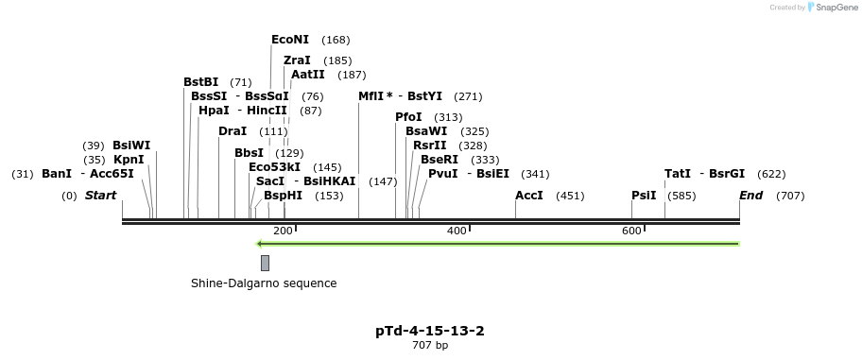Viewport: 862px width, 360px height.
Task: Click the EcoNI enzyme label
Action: (290, 40)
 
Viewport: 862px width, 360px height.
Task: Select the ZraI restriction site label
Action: (297, 60)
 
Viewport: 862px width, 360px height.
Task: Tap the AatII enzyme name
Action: (308, 75)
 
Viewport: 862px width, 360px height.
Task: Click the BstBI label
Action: (200, 82)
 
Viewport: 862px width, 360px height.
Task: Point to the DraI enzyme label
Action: (233, 131)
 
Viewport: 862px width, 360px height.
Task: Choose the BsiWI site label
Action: (131, 146)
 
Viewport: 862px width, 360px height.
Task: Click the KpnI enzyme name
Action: (129, 160)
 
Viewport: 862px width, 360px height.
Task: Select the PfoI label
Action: (408, 117)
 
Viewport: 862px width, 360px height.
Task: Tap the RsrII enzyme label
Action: (429, 146)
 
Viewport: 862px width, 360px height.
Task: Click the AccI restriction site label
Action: (529, 196)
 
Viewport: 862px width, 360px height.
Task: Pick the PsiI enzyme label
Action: (644, 196)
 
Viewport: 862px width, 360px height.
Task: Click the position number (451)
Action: (570, 196)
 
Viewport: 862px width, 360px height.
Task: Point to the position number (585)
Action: (681, 196)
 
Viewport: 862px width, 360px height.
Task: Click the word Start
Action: (100, 196)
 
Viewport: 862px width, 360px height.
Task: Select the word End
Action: (750, 196)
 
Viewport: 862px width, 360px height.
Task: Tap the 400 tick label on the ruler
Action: (457, 231)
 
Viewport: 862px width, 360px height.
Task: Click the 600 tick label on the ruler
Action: (631, 231)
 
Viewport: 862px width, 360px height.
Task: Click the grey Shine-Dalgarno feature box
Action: (265, 263)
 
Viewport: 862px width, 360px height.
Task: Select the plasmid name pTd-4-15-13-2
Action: (430, 331)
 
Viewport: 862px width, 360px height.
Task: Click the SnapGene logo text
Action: (833, 8)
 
